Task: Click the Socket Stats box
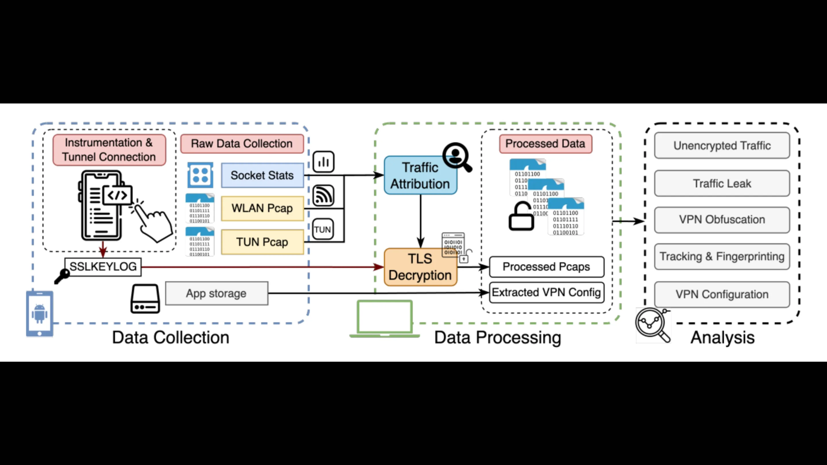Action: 262,175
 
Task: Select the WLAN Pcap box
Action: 262,208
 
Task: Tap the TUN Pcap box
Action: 262,242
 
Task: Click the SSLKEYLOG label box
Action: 103,267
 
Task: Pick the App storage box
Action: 217,293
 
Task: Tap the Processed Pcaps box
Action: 546,267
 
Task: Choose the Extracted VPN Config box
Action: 546,292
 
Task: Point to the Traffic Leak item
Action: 722,183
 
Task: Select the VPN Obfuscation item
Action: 722,220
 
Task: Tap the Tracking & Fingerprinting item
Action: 722,256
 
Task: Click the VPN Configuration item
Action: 722,294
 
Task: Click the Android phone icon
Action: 40,313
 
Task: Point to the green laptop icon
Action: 384,319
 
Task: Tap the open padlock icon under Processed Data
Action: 521,216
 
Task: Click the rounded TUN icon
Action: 323,229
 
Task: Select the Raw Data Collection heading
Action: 242,144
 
